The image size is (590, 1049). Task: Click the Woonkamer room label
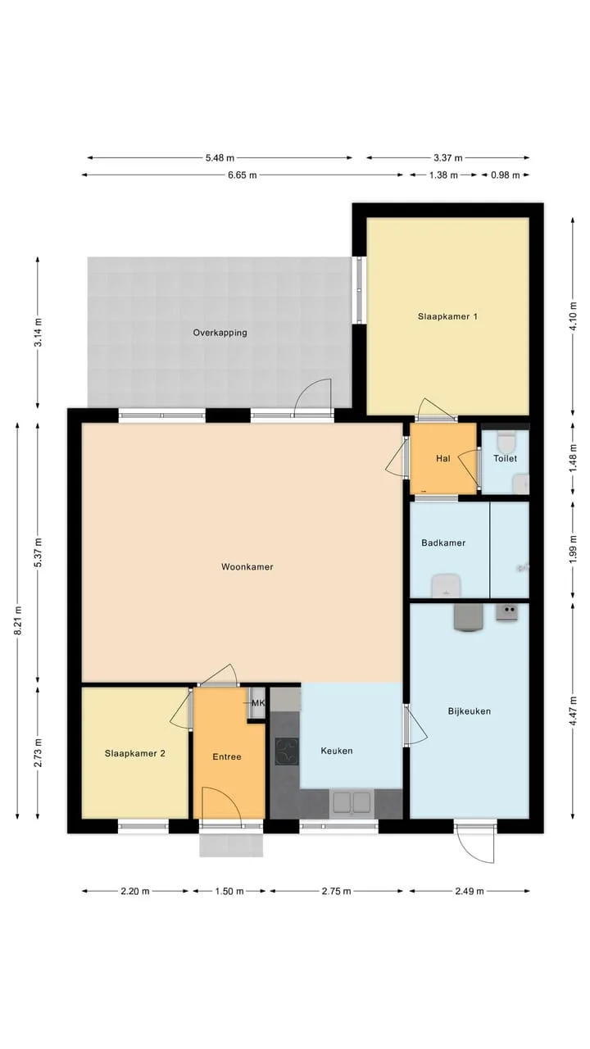(x=247, y=566)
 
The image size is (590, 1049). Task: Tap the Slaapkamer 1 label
(x=447, y=316)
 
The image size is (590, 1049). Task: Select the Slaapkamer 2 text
(x=135, y=753)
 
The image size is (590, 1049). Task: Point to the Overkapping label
(x=220, y=333)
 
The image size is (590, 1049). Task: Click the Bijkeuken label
(x=470, y=711)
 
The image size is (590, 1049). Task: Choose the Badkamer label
(x=443, y=543)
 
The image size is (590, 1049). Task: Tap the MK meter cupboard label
(x=258, y=703)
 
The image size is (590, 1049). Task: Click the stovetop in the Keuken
(x=287, y=752)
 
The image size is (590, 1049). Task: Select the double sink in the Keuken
(x=352, y=802)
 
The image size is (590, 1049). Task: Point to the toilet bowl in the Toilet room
(x=506, y=441)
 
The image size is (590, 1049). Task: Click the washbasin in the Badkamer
(x=447, y=586)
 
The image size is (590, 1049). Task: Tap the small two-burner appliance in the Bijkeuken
(x=507, y=612)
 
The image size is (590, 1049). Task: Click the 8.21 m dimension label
(x=18, y=620)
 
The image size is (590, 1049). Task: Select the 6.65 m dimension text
(x=242, y=175)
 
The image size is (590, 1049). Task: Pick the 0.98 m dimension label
(x=506, y=175)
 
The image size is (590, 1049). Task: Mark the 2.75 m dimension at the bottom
(x=336, y=891)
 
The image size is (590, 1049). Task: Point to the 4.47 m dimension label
(x=573, y=711)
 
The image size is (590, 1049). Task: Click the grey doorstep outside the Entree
(x=231, y=845)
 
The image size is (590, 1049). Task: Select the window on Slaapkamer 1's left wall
(x=359, y=290)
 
